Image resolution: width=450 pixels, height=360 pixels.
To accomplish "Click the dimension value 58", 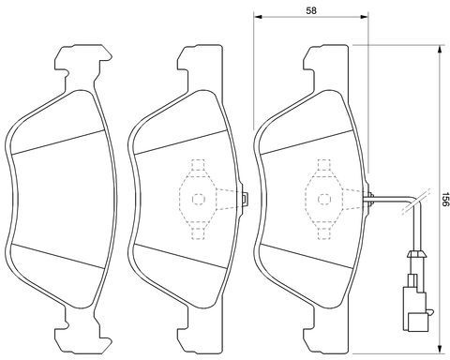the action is click(x=311, y=10).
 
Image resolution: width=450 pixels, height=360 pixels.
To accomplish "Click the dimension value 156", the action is click(x=445, y=200).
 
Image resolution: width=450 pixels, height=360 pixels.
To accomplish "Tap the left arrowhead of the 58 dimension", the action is click(x=257, y=17).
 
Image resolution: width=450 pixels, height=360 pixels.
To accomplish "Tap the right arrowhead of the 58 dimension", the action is click(x=364, y=17).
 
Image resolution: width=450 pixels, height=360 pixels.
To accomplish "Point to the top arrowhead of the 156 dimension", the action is click(x=440, y=49).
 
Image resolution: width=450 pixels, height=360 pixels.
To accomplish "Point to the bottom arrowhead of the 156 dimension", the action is click(x=440, y=350).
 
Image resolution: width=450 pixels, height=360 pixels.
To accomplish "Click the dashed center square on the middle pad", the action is click(x=198, y=199).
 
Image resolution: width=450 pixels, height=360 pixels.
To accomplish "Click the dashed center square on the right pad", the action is click(x=324, y=199).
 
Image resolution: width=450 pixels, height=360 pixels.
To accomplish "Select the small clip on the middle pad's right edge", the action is click(x=246, y=199).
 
